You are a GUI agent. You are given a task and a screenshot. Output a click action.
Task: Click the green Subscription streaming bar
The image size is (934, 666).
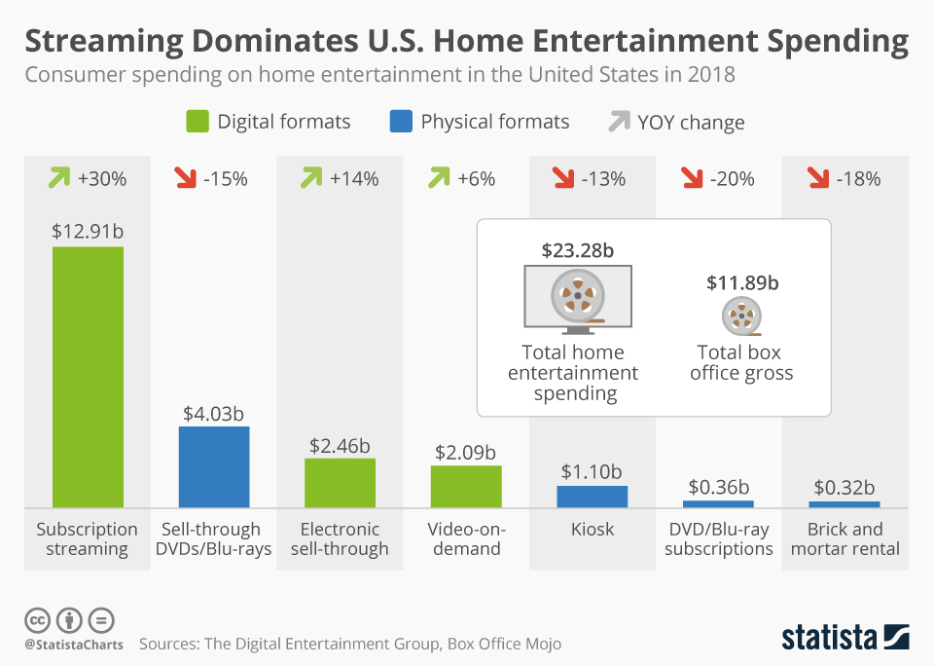[88, 377]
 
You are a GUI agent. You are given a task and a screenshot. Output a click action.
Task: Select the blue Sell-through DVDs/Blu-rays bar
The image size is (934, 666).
[214, 466]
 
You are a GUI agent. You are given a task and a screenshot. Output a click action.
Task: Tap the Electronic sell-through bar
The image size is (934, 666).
[340, 482]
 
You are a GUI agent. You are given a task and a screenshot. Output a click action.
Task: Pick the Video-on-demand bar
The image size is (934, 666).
[466, 486]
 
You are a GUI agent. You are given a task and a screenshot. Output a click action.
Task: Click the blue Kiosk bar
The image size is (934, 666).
[592, 496]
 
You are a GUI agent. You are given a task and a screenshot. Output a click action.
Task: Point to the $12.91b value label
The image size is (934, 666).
[88, 232]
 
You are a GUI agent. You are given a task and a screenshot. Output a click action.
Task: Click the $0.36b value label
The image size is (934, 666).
[718, 486]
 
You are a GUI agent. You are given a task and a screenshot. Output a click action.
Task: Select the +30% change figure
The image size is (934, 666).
[102, 179]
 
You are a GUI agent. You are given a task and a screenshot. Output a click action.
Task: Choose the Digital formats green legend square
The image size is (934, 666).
[198, 122]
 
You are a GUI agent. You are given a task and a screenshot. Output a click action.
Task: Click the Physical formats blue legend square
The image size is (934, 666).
[401, 122]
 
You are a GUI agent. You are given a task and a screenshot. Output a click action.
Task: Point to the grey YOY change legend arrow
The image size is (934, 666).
[619, 122]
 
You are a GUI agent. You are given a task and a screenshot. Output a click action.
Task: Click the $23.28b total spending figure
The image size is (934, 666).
[577, 250]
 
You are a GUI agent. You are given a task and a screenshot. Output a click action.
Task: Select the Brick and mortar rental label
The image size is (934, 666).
[844, 538]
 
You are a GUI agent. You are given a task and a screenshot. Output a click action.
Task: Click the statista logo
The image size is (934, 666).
[844, 637]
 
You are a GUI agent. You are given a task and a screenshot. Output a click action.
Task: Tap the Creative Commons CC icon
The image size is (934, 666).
[37, 619]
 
